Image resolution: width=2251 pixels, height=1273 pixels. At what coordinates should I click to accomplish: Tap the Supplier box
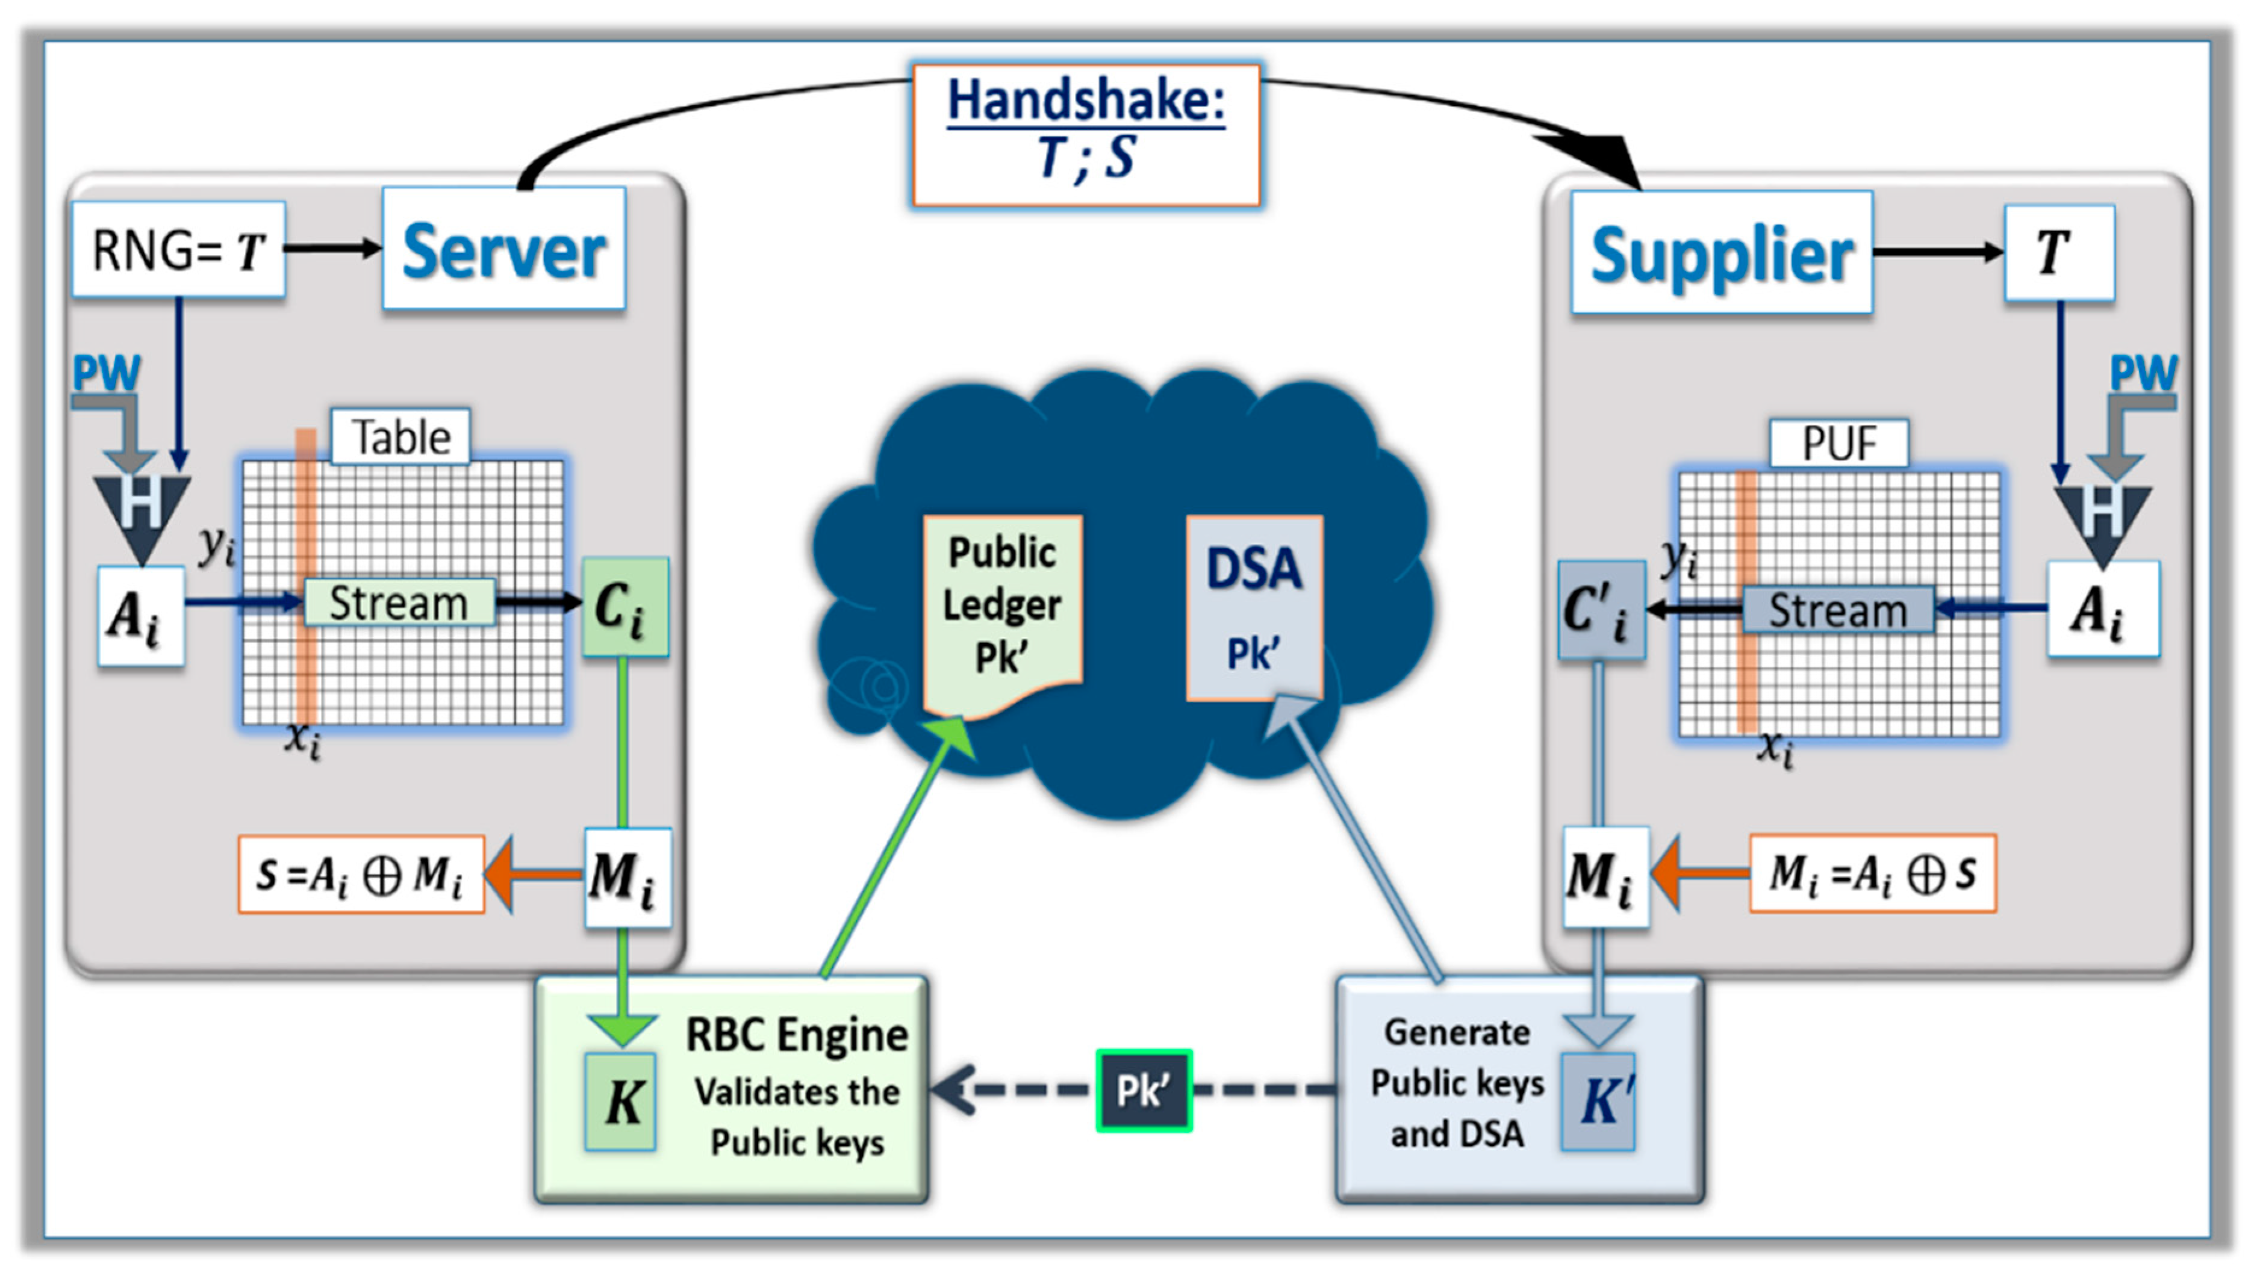click(1721, 253)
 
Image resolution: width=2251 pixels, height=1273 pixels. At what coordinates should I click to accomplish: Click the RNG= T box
click(178, 250)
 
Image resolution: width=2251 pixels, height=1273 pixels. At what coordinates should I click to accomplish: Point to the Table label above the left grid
click(400, 436)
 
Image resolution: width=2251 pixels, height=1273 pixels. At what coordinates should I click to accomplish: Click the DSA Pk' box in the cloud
click(1253, 609)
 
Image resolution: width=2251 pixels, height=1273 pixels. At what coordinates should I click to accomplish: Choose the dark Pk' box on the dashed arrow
click(1143, 1090)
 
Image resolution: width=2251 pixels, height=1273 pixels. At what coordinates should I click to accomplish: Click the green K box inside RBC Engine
click(620, 1101)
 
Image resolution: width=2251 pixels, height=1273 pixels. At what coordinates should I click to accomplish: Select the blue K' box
click(1598, 1101)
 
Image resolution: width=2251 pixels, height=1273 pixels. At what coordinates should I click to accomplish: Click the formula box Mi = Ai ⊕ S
click(1872, 873)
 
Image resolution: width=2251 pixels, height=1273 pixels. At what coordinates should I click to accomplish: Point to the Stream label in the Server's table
click(399, 602)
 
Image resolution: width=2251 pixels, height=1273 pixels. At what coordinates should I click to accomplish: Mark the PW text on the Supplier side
click(2143, 373)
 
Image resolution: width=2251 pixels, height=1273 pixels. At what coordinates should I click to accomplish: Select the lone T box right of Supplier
click(2059, 253)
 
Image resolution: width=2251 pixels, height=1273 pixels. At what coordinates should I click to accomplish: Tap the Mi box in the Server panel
click(627, 877)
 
